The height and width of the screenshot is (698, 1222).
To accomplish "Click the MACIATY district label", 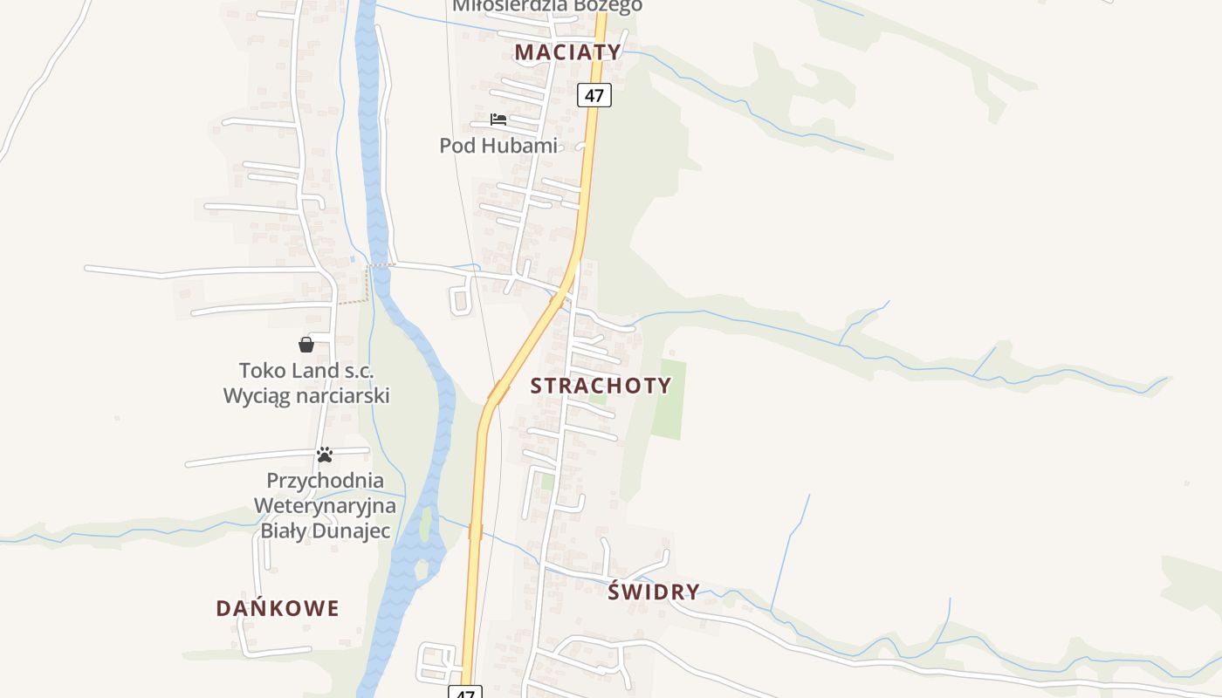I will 567,51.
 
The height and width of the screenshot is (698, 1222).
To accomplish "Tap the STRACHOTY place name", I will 601,386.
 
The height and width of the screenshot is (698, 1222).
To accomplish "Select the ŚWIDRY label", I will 654,592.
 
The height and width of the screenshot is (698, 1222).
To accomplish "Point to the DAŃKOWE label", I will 278,608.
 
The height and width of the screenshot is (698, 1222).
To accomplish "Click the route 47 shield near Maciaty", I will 594,95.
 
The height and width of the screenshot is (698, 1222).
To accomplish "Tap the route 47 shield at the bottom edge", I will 465,692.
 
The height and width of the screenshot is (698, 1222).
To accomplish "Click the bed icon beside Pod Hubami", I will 498,119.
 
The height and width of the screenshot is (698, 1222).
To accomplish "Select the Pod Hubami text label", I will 498,146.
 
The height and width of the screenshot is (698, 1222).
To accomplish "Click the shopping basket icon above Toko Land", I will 306,345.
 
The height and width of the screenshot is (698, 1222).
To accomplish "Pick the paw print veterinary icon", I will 325,455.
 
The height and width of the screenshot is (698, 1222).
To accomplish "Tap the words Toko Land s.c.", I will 306,371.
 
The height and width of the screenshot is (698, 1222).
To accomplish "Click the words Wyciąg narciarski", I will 306,396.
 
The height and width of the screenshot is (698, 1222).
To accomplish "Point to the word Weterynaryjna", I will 325,505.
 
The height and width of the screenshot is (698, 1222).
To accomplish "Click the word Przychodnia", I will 325,481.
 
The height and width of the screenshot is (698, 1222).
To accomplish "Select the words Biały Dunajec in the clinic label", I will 325,530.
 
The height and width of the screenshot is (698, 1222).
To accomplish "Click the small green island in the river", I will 425,524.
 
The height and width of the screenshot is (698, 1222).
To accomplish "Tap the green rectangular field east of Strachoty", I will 669,400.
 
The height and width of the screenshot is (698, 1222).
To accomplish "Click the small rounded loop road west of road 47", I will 460,298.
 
